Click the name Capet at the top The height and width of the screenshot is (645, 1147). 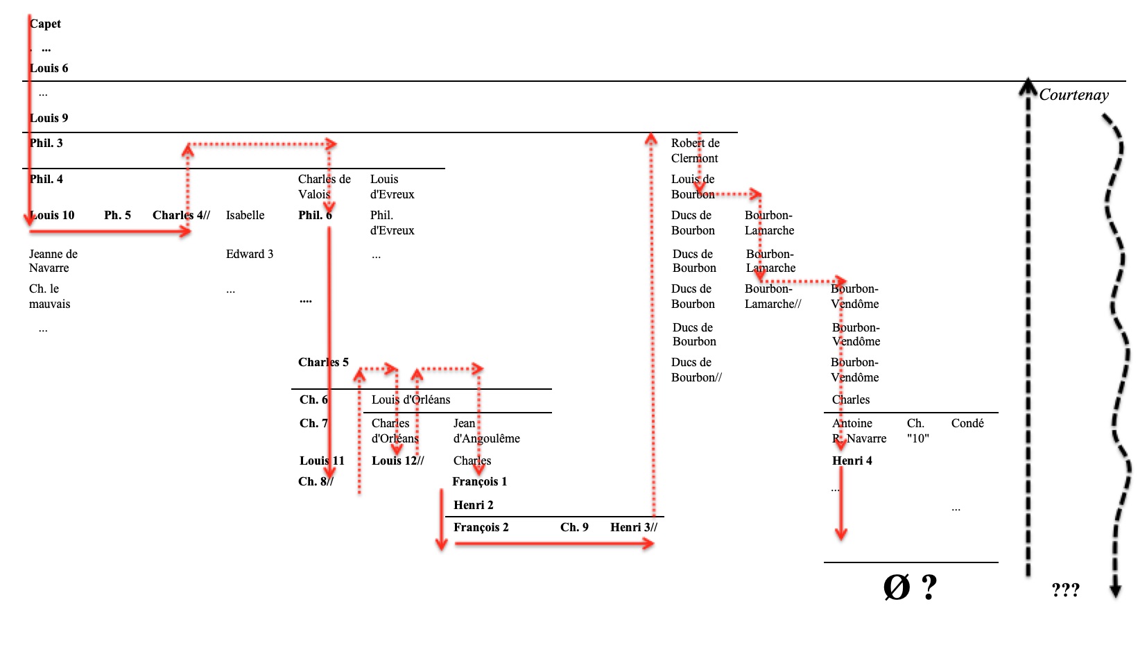pos(46,24)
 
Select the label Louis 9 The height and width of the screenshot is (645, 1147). pos(49,118)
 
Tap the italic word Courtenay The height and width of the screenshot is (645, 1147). pos(1073,95)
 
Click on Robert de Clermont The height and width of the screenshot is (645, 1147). pos(695,150)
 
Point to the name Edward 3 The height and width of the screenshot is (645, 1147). pos(250,254)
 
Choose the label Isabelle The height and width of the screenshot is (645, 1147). pos(245,215)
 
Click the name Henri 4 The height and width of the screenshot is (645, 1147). pos(852,461)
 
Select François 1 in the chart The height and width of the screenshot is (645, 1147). pos(480,481)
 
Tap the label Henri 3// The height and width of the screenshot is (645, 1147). pos(634,527)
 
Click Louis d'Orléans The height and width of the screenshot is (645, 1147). pos(411,399)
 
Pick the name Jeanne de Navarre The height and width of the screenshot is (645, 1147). pos(53,261)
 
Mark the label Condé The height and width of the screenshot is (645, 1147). pos(967,423)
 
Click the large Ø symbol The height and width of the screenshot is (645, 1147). pos(897,587)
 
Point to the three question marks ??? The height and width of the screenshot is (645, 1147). pos(1065,590)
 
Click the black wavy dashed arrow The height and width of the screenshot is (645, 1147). pos(1118,347)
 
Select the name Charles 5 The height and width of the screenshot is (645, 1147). pos(323,362)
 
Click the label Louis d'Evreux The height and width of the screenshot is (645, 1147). pos(392,187)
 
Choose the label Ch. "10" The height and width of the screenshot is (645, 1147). pos(917,431)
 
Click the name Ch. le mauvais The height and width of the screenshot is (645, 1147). pos(49,296)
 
